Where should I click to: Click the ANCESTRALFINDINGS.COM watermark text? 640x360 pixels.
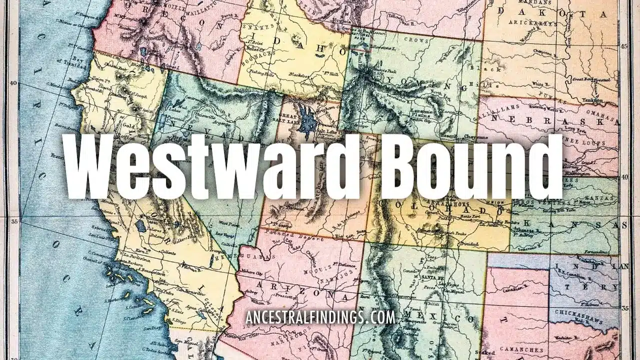[320, 317]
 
